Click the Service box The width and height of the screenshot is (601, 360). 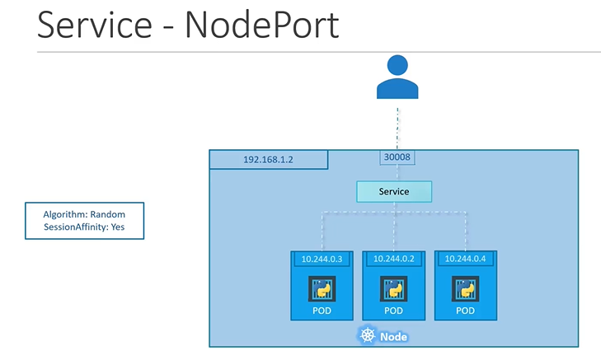[x=393, y=191]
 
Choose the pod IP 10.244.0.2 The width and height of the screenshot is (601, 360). [x=393, y=259]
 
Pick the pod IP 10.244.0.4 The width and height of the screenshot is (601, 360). [x=465, y=259]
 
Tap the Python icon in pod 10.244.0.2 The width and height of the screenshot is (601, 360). [x=393, y=288]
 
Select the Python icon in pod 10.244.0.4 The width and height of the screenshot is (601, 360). [x=465, y=288]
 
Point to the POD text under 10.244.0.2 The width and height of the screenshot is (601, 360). [x=393, y=311]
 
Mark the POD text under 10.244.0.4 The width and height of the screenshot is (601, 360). [x=465, y=311]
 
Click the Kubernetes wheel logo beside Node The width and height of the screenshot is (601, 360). [x=367, y=336]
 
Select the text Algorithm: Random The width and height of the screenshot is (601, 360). [x=84, y=213]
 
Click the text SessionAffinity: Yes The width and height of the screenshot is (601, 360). [x=84, y=227]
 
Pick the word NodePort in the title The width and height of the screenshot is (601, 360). [x=262, y=25]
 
